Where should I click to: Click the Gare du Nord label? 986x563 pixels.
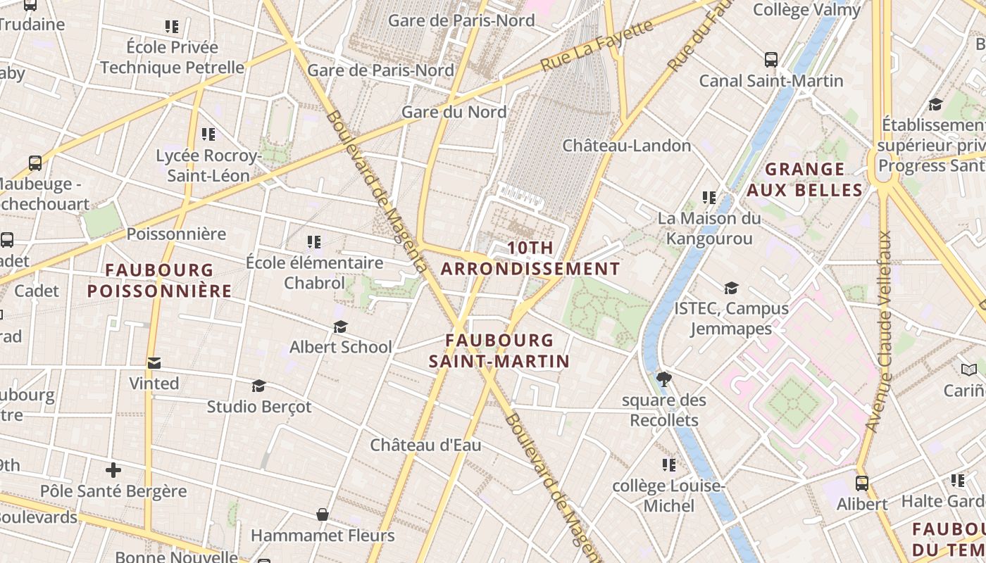pyautogui.click(x=454, y=112)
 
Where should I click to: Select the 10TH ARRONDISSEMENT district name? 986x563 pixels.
pyautogui.click(x=530, y=258)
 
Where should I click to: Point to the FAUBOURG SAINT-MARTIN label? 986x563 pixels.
pyautogui.click(x=499, y=350)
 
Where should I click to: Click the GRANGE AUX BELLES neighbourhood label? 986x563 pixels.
pyautogui.click(x=804, y=179)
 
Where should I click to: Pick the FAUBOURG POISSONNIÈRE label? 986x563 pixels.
pyautogui.click(x=159, y=280)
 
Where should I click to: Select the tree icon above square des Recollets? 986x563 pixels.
pyautogui.click(x=663, y=379)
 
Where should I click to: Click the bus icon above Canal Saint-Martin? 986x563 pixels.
pyautogui.click(x=771, y=60)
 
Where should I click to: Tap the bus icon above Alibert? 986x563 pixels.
pyautogui.click(x=862, y=483)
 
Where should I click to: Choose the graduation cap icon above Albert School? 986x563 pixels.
pyautogui.click(x=341, y=327)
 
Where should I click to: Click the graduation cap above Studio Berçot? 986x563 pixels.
pyautogui.click(x=258, y=386)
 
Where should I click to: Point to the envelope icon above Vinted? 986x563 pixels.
pyautogui.click(x=154, y=363)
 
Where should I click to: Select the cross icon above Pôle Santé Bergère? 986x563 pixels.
pyautogui.click(x=113, y=469)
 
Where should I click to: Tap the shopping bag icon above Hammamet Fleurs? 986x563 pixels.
pyautogui.click(x=323, y=514)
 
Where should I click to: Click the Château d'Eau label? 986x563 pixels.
pyautogui.click(x=425, y=445)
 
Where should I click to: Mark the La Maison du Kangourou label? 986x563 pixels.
pyautogui.click(x=709, y=229)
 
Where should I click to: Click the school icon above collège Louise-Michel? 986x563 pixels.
pyautogui.click(x=668, y=464)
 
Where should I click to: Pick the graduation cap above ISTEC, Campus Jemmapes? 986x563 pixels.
pyautogui.click(x=731, y=288)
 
